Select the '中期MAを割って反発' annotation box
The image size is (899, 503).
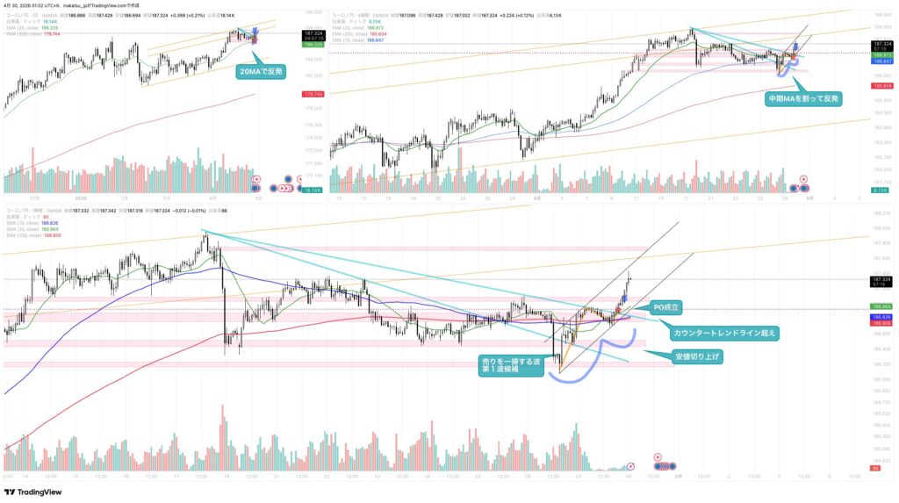point(803,98)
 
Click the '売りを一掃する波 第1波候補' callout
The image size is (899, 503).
point(509,364)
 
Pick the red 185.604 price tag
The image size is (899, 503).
point(881,86)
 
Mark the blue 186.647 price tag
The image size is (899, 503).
point(881,61)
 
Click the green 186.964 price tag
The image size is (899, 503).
point(881,305)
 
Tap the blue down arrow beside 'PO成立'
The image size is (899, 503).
point(622,298)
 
